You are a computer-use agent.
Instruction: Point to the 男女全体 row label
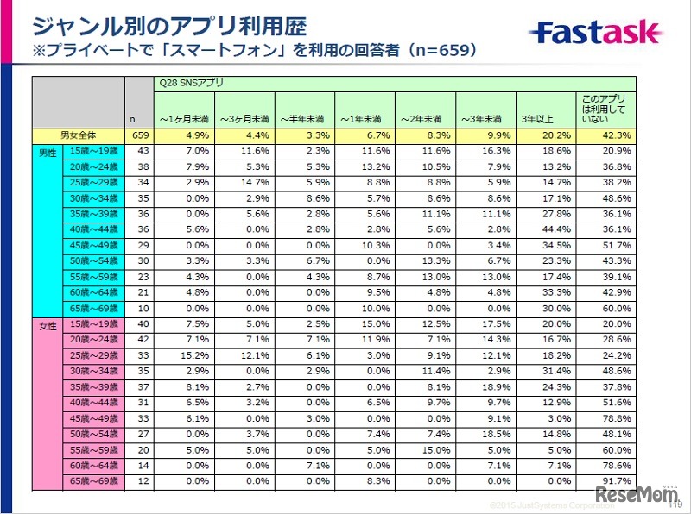pyautogui.click(x=79, y=135)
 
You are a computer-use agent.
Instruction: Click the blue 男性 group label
pyautogui.click(x=48, y=152)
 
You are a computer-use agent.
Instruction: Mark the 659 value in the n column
pyautogui.click(x=139, y=135)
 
